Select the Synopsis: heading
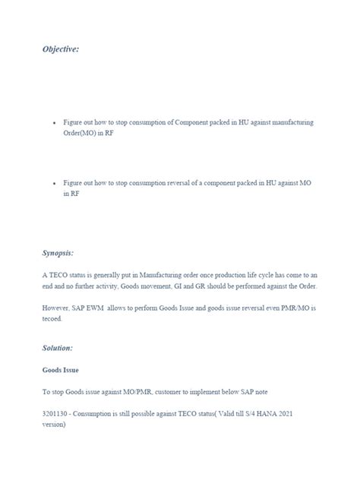(x=58, y=251)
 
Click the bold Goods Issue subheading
(x=61, y=371)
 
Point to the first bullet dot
(x=54, y=122)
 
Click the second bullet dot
(x=54, y=184)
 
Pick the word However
(x=56, y=309)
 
